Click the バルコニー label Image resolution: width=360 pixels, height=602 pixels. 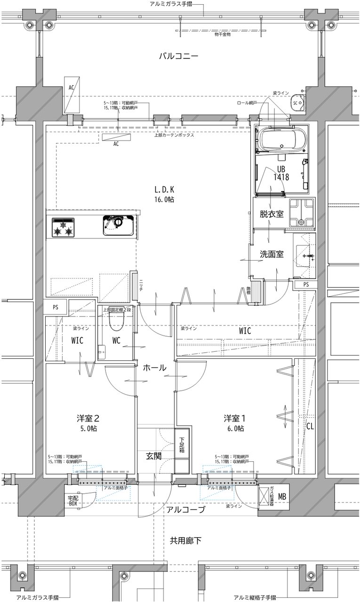178,56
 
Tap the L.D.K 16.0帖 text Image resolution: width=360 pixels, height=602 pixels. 164,194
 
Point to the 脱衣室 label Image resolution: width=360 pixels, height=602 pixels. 271,214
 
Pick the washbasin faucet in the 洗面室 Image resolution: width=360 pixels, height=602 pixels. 309,256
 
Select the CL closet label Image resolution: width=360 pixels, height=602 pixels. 310,427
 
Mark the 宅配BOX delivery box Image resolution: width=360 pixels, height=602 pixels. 73,500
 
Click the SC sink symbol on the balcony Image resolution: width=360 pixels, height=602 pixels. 296,102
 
